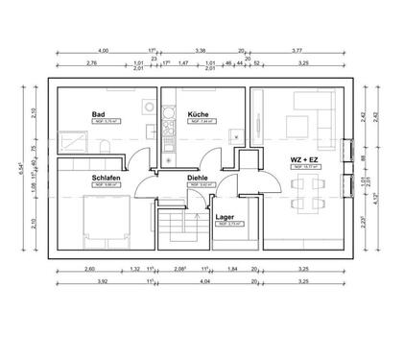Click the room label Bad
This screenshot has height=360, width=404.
pos(98,114)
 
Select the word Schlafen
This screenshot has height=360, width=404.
pos(107,180)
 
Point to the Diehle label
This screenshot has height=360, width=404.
pos(198,180)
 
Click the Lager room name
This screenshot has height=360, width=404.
pos(226,218)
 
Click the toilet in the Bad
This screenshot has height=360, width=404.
pos(101,147)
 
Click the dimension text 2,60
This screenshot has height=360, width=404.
pos(89,270)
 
